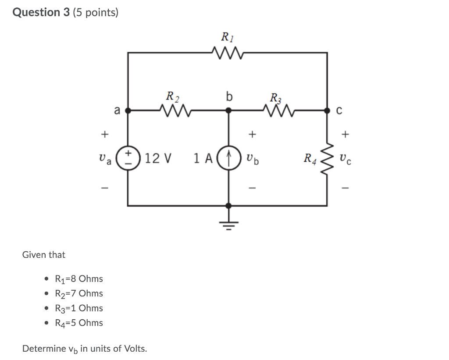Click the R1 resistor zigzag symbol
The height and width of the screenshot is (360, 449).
pyautogui.click(x=228, y=53)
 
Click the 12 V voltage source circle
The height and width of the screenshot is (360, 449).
pyautogui.click(x=128, y=158)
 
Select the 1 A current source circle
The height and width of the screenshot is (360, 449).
pyautogui.click(x=228, y=158)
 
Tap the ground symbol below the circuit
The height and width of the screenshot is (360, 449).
pyautogui.click(x=228, y=225)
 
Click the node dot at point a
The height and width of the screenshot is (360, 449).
pyautogui.click(x=128, y=110)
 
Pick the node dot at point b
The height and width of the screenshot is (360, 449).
pyautogui.click(x=228, y=110)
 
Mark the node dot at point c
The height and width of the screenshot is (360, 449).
pyautogui.click(x=327, y=110)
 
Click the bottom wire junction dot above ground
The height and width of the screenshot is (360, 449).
pyautogui.click(x=228, y=206)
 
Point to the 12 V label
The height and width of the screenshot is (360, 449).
pyautogui.click(x=158, y=158)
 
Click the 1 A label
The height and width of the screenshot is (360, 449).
pyautogui.click(x=203, y=158)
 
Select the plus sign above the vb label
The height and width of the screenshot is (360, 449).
pyautogui.click(x=252, y=134)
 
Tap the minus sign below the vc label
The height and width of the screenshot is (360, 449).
pyautogui.click(x=346, y=188)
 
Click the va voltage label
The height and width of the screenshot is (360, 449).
pyautogui.click(x=105, y=159)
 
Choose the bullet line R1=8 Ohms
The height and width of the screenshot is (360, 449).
pyautogui.click(x=79, y=279)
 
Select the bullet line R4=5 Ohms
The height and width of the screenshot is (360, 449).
pyautogui.click(x=79, y=323)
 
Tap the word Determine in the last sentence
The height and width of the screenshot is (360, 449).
pyautogui.click(x=44, y=349)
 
